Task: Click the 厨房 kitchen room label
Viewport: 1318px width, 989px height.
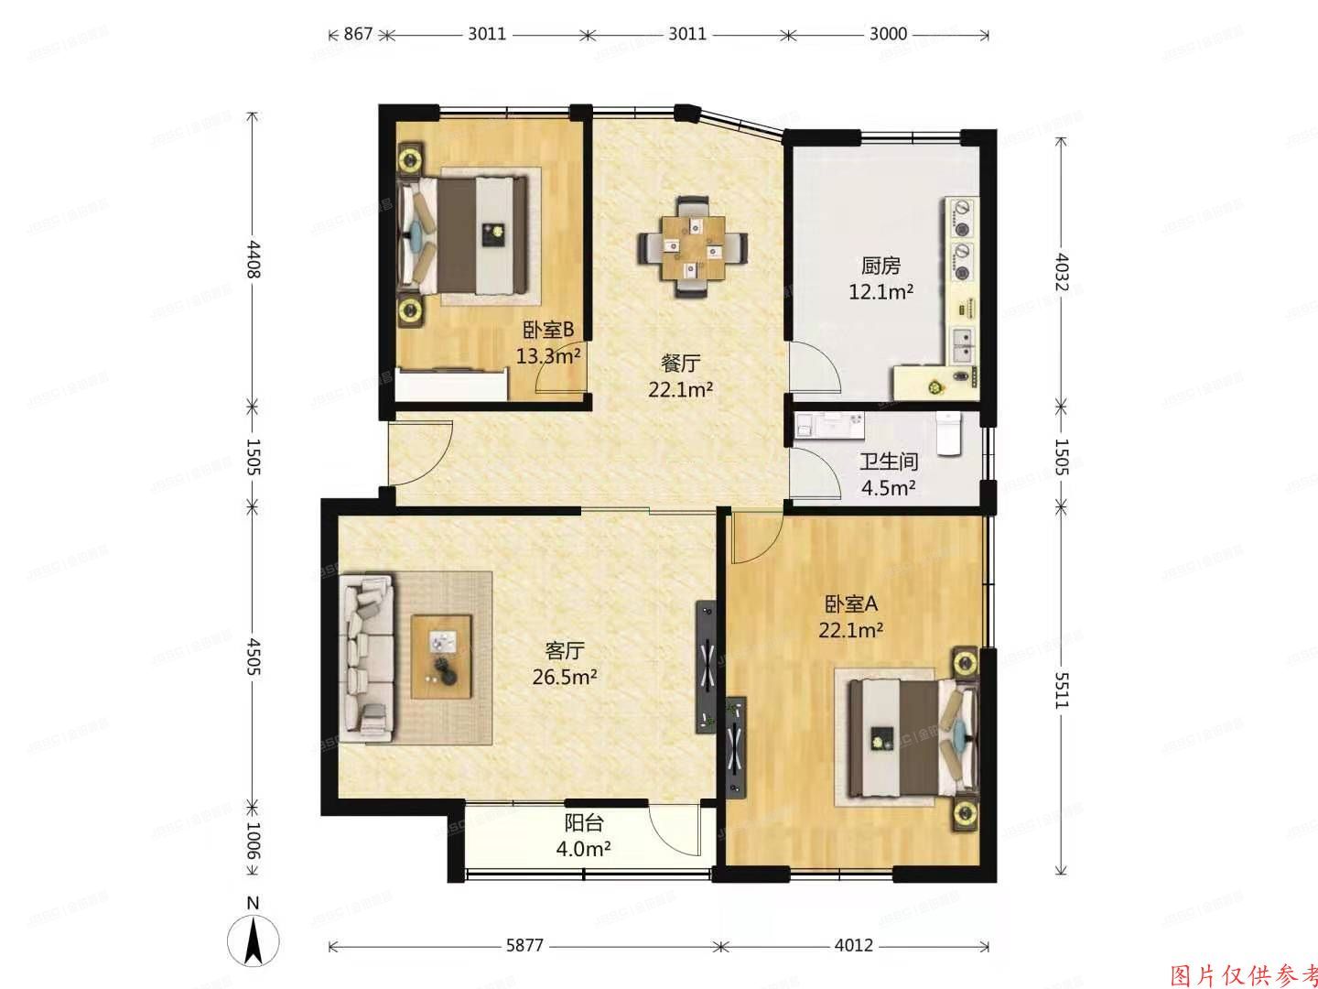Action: pyautogui.click(x=880, y=266)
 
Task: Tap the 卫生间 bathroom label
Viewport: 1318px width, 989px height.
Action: pyautogui.click(x=888, y=462)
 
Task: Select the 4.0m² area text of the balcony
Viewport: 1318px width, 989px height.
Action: pyautogui.click(x=584, y=849)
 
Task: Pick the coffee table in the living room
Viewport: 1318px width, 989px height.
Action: pyautogui.click(x=441, y=657)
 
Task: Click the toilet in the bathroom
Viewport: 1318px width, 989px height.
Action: pyautogui.click(x=949, y=431)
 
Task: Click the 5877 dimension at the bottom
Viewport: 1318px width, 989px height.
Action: pyautogui.click(x=524, y=946)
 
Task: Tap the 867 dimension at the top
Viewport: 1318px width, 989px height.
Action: pyautogui.click(x=358, y=35)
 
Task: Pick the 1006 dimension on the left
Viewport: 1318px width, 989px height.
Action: pyautogui.click(x=254, y=841)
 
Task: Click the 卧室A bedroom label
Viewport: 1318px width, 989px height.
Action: pyautogui.click(x=851, y=604)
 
